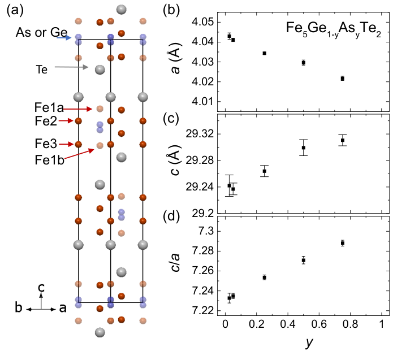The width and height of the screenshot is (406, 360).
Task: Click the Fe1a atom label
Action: tap(49, 108)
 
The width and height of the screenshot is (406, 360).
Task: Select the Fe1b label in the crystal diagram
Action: tap(49, 160)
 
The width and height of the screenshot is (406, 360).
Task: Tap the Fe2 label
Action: tap(46, 121)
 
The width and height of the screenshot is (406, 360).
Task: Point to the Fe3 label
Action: tap(46, 144)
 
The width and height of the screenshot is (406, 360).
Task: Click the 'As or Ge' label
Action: tap(42, 33)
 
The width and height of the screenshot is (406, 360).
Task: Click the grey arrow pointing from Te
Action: tap(71, 67)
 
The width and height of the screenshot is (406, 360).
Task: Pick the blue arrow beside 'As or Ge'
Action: tap(64, 38)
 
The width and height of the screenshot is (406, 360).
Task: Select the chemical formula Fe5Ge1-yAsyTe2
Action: tap(334, 29)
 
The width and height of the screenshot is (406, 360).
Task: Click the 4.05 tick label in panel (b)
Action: tap(203, 22)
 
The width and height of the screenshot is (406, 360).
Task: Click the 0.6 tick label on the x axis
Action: tap(319, 324)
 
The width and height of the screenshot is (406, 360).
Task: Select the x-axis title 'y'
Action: tap(309, 343)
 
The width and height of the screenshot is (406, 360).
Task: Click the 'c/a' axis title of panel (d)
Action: tap(175, 263)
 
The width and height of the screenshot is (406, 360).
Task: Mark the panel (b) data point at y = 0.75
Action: tap(343, 79)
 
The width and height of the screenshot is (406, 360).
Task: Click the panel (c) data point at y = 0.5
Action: tap(304, 148)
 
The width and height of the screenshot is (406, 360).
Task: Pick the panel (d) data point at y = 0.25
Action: tap(265, 277)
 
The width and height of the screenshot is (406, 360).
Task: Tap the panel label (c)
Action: tap(171, 119)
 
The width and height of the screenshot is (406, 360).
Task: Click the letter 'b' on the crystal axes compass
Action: tap(19, 307)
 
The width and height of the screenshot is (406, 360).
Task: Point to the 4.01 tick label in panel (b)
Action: tap(203, 102)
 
